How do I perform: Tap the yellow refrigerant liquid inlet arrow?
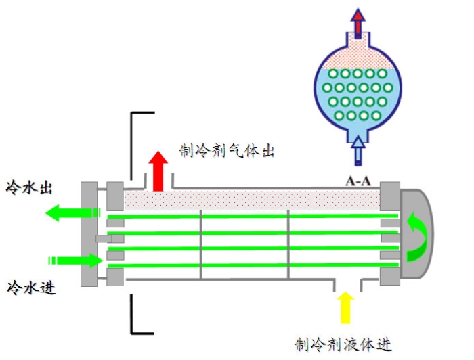(345, 307)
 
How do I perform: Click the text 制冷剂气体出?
(226, 150)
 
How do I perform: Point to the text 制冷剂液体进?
(343, 344)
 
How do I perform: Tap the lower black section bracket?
(138, 318)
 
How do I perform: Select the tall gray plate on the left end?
(88, 233)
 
